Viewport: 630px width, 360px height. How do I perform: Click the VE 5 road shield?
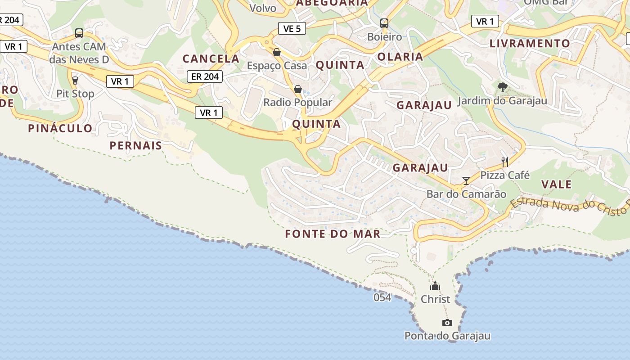pos(292,29)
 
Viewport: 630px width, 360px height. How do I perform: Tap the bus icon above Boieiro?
pos(384,23)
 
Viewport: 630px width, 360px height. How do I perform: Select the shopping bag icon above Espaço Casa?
pos(277,53)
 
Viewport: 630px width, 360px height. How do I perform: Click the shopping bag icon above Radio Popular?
pos(297,89)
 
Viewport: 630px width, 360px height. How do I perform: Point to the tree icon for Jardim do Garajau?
pos(502,87)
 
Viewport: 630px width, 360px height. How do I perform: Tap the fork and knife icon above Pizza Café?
pos(505,162)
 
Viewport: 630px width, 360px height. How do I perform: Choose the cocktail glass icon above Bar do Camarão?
pos(466,181)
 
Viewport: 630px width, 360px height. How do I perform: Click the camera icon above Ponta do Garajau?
pos(447,323)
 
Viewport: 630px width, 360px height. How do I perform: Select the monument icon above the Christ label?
pos(435,286)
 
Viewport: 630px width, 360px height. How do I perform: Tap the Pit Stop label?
pos(75,94)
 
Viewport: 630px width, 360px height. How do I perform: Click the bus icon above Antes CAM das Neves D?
pos(79,33)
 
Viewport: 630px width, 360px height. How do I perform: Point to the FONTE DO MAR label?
pos(333,234)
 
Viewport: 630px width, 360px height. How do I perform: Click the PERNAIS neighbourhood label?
pos(135,146)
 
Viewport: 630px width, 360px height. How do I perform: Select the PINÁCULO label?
pos(60,128)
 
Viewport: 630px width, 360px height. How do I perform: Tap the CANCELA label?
pos(211,58)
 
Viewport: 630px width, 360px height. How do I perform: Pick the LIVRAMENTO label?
pos(530,44)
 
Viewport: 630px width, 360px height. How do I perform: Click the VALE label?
pos(556,184)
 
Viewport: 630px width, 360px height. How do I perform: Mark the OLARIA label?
pos(400,57)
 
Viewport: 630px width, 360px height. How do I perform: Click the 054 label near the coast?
pos(382,297)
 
